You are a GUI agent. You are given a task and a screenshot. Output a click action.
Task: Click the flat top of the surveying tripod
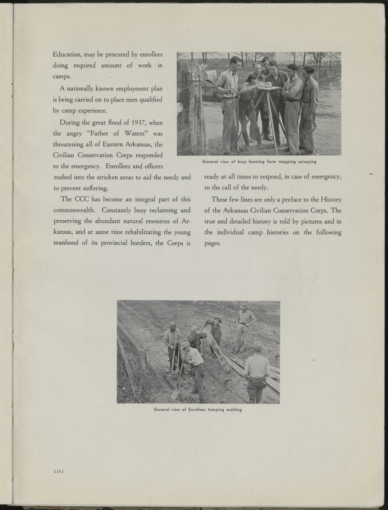point(270,88)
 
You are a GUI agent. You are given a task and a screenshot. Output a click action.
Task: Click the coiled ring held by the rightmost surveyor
point(310,125)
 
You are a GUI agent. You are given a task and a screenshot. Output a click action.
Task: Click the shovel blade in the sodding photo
point(174,393)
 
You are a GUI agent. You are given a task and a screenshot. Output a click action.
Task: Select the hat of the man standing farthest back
point(244,306)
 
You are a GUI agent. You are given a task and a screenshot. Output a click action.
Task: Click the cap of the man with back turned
point(257,346)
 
